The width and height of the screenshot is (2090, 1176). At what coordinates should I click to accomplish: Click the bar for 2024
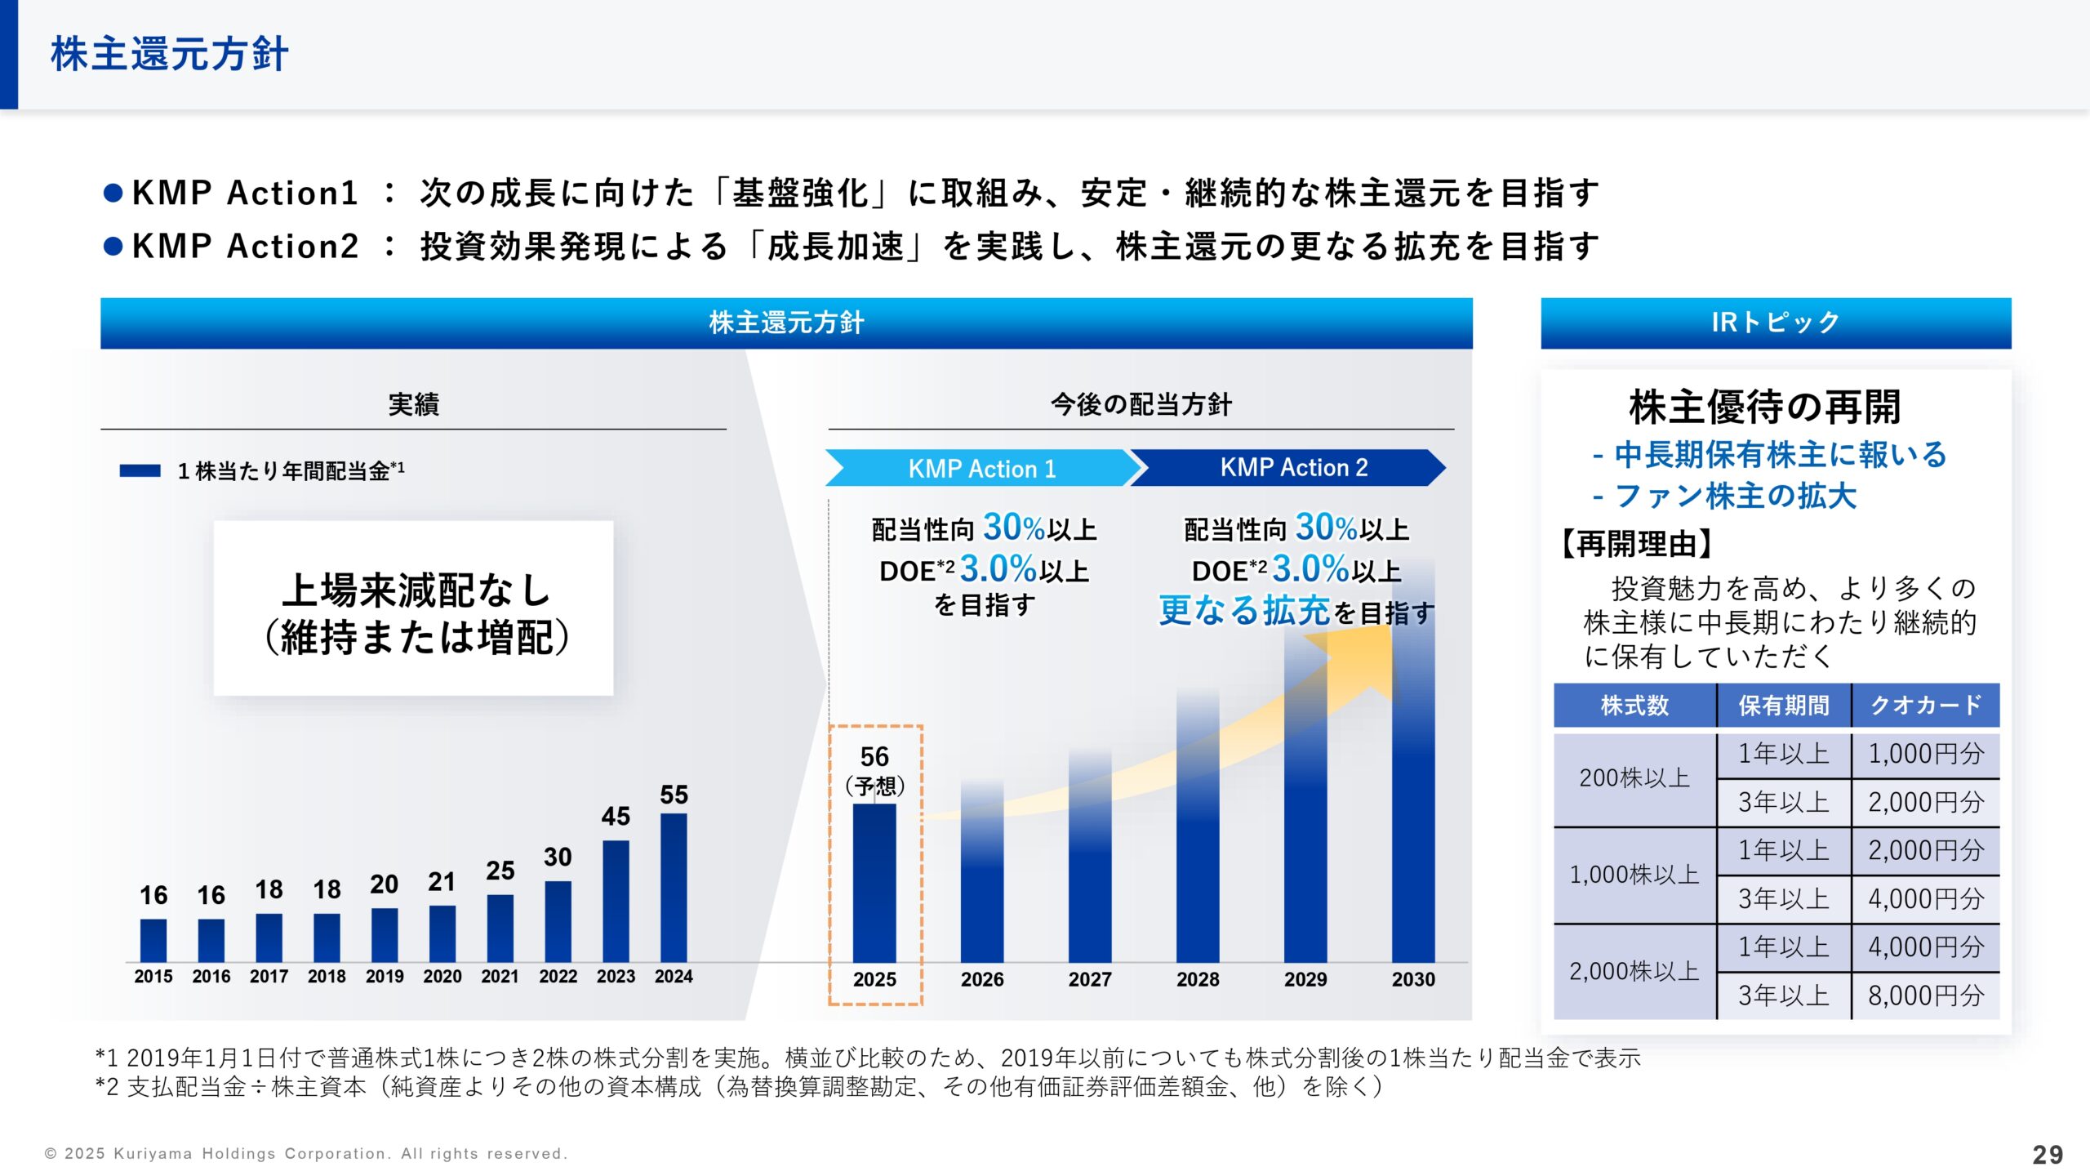[674, 888]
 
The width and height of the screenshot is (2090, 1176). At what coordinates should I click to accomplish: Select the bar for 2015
[153, 940]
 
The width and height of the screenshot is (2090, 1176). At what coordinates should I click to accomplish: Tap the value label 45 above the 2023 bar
[616, 816]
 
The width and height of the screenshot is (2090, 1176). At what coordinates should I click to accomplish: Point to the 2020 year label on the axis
[442, 976]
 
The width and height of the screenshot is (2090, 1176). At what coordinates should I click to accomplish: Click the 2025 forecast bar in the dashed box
[874, 883]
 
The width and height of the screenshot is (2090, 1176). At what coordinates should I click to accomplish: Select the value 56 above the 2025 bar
[874, 756]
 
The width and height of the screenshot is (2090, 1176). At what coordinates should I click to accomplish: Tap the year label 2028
[1198, 979]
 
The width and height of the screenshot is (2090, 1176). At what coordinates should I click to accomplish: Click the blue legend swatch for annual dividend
[140, 470]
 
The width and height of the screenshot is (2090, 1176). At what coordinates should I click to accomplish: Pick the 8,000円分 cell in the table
[1925, 996]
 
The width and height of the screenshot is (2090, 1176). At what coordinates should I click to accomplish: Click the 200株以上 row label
[1634, 778]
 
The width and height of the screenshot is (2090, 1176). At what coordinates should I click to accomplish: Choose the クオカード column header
[1925, 705]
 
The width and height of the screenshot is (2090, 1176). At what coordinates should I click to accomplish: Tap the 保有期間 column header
[1784, 705]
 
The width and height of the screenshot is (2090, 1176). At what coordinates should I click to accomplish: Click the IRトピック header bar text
[1776, 323]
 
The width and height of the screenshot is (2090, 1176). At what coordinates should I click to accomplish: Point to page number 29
[2048, 1154]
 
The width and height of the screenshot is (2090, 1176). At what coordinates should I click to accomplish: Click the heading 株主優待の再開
[1765, 408]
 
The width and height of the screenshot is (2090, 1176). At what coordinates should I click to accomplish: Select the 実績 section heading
[413, 404]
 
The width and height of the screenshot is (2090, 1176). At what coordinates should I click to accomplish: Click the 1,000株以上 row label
[1634, 875]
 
